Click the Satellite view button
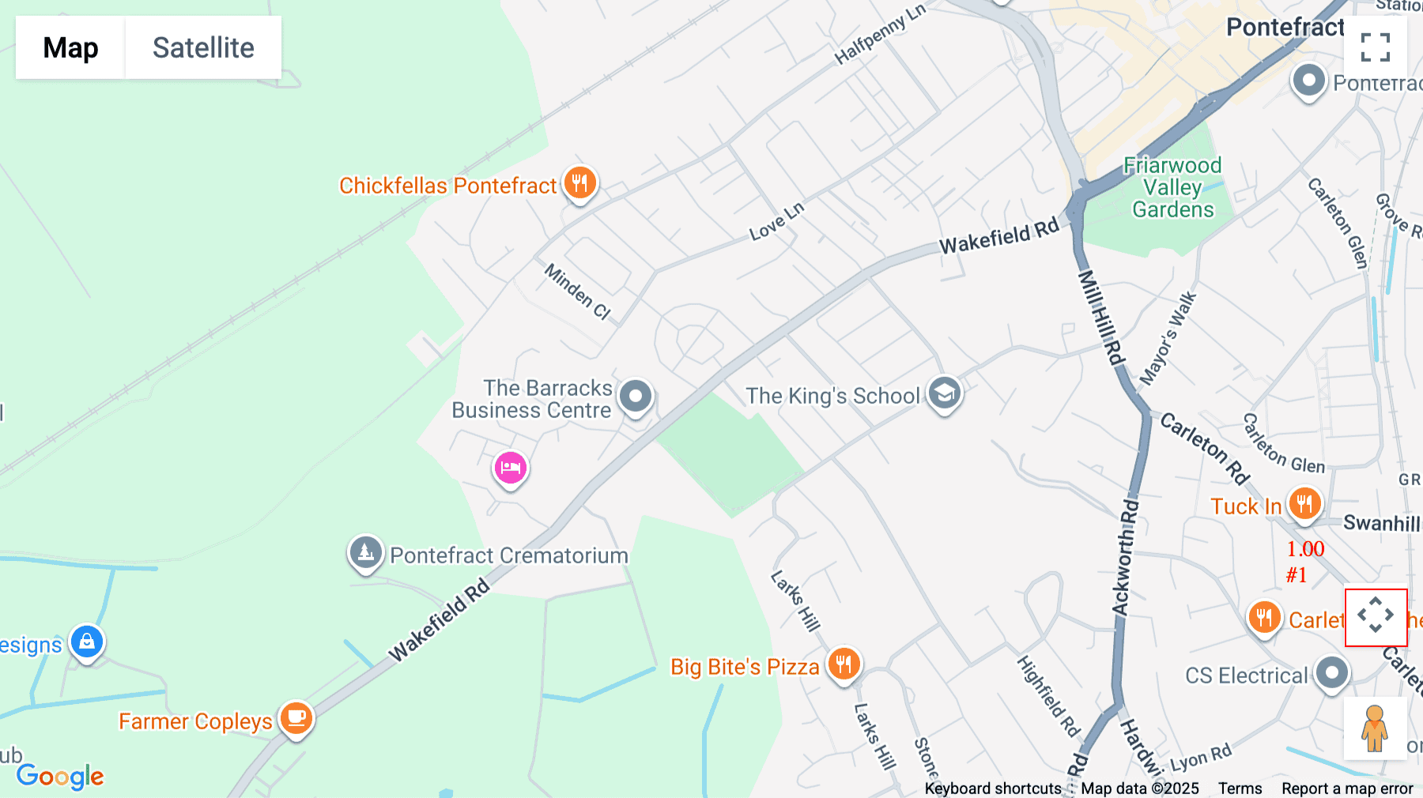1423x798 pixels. (x=203, y=47)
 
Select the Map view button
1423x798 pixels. (x=70, y=47)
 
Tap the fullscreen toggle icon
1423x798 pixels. (x=1375, y=47)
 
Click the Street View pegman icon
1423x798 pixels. (x=1375, y=728)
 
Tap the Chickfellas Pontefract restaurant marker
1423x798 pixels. (x=579, y=183)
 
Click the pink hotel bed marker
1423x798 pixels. (x=511, y=468)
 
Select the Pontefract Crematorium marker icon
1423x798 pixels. (x=366, y=552)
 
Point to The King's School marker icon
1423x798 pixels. (x=944, y=393)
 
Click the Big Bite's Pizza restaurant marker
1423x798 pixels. (x=844, y=664)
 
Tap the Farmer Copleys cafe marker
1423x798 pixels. (x=296, y=718)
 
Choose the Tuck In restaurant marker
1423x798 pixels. (x=1304, y=503)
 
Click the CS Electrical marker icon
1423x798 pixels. (x=1332, y=673)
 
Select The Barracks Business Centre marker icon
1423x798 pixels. (x=636, y=395)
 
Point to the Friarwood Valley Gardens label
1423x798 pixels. (x=1172, y=188)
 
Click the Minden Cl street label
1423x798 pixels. (x=577, y=292)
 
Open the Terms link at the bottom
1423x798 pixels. (x=1240, y=789)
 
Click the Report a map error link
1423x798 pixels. (x=1347, y=789)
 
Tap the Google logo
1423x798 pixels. (x=60, y=776)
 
